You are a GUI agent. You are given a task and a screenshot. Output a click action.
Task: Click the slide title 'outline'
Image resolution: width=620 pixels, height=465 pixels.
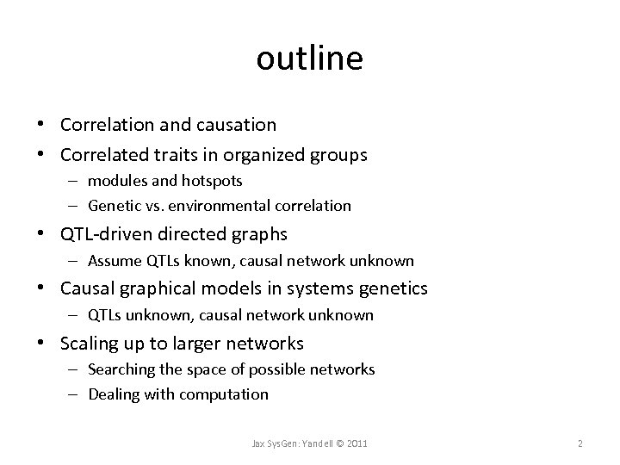(x=310, y=59)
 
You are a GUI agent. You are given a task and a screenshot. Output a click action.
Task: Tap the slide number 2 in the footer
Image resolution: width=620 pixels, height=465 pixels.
(x=580, y=443)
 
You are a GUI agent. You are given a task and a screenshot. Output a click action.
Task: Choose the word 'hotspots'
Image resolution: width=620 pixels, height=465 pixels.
(x=214, y=182)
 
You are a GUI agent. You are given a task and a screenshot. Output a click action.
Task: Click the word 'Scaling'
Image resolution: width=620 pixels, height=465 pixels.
(x=89, y=344)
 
